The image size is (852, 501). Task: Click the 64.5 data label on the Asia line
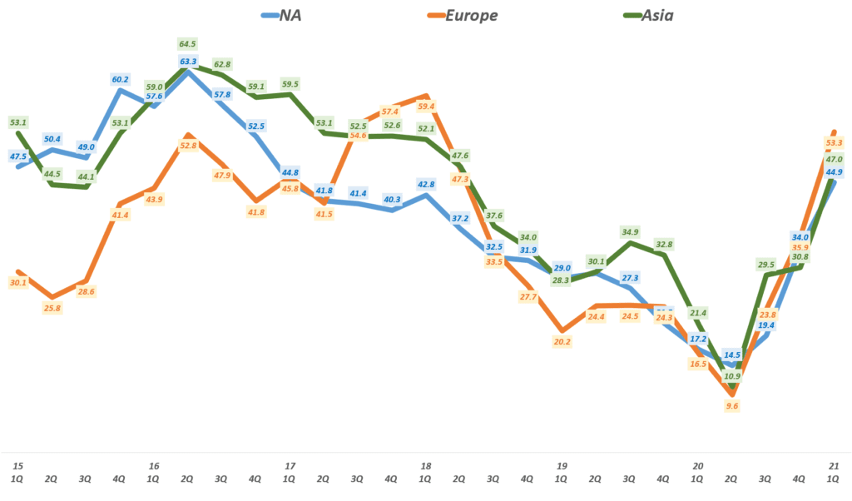[188, 43]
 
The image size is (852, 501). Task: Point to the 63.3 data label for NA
[188, 61]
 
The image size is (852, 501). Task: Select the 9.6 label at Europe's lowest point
[733, 405]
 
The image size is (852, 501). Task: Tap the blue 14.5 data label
[733, 354]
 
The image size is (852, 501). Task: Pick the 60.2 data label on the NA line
[120, 79]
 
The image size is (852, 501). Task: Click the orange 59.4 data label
[427, 106]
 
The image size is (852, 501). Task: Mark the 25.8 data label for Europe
[52, 308]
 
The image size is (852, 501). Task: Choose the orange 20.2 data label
[562, 340]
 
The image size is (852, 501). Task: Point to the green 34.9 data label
[631, 231]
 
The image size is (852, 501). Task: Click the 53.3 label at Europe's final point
[835, 142]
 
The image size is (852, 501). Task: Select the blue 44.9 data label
[835, 172]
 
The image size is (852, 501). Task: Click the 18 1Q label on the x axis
[426, 472]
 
